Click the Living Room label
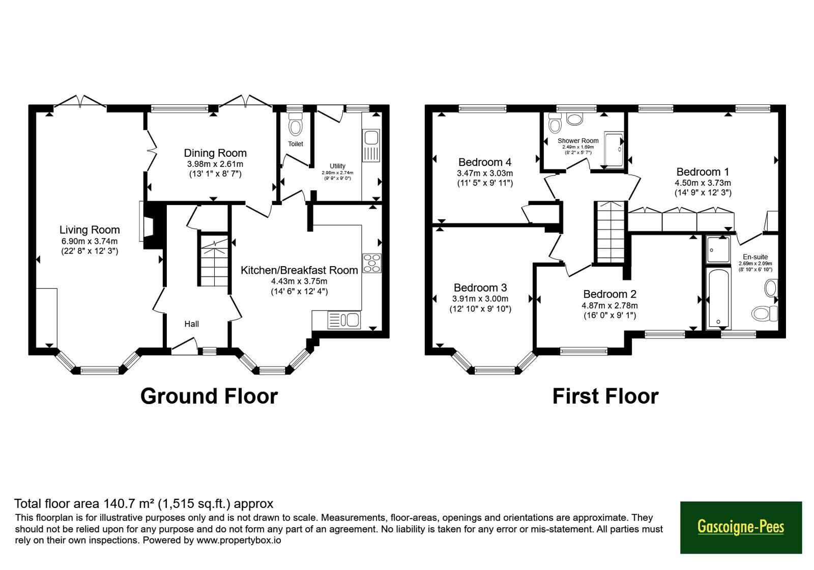click(x=90, y=230)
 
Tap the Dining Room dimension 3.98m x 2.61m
click(x=215, y=164)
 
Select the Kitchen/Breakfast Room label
click(x=299, y=270)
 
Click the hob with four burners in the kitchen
click(x=372, y=263)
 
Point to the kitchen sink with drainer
click(x=344, y=320)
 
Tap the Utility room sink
click(x=371, y=146)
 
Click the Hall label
click(x=191, y=324)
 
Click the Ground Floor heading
click(x=209, y=396)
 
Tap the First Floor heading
click(x=605, y=396)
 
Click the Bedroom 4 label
click(x=485, y=162)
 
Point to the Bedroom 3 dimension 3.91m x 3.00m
click(x=480, y=299)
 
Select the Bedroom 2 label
click(x=610, y=294)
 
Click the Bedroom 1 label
click(x=703, y=172)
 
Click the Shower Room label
click(x=578, y=140)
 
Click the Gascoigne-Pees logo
click(x=741, y=527)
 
